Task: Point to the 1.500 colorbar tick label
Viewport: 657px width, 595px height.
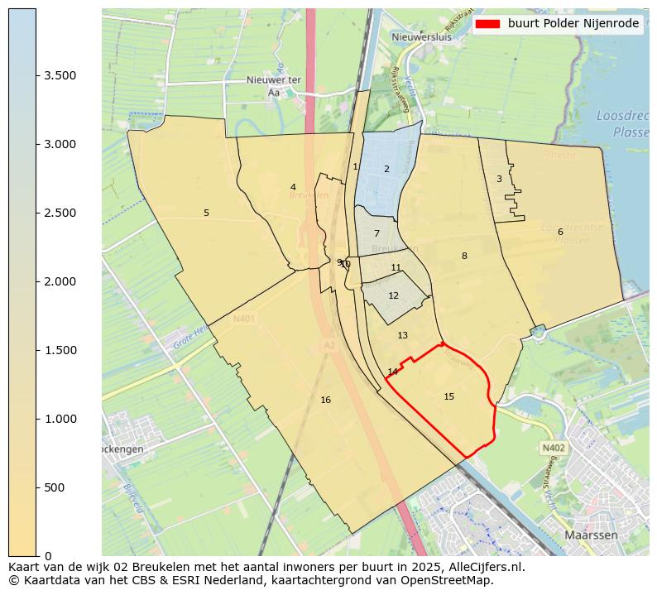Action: pos(60,350)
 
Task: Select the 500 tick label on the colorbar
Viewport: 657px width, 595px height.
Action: pos(55,487)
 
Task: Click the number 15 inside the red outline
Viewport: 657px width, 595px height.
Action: pos(448,396)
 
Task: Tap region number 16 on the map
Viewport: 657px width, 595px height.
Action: pos(325,400)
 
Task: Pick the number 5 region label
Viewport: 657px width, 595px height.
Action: pos(206,213)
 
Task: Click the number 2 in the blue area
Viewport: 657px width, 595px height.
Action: pos(386,169)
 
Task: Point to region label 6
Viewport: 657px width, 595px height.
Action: pos(560,232)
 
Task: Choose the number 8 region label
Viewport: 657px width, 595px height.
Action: pos(464,256)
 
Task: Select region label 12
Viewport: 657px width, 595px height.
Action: pos(393,295)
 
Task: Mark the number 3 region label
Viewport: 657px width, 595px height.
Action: pos(499,179)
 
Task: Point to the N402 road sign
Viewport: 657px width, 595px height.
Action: pos(553,448)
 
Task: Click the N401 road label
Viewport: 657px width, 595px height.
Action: pos(244,318)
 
